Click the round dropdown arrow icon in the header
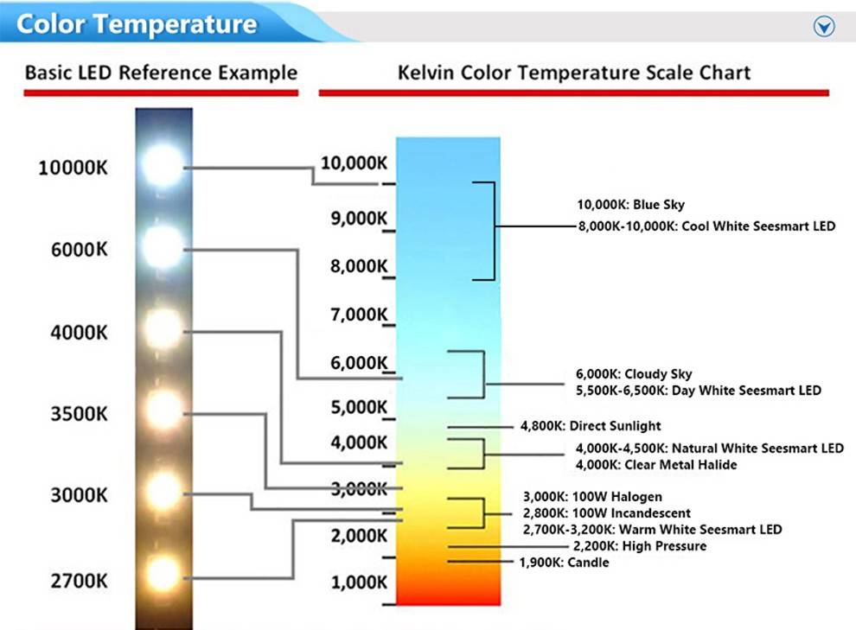tap(824, 26)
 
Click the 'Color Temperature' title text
tap(137, 24)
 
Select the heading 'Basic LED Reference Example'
tap(161, 73)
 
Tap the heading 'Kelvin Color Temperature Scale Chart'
tap(574, 73)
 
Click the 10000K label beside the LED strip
tap(73, 168)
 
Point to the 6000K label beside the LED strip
tap(80, 250)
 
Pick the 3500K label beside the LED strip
tap(80, 414)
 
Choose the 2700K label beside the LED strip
tap(80, 581)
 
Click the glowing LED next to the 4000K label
tap(163, 328)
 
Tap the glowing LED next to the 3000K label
tap(163, 491)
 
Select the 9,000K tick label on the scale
tap(359, 218)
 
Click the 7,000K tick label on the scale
tap(359, 315)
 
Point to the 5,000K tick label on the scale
tap(359, 407)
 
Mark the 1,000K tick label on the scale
tap(359, 582)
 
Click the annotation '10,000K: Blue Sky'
tap(630, 205)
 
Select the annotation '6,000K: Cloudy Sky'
tap(634, 374)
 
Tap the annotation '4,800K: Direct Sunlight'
tap(591, 426)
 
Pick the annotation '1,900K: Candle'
tap(564, 563)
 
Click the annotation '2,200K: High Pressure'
tap(639, 546)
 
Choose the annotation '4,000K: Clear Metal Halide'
tap(656, 465)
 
